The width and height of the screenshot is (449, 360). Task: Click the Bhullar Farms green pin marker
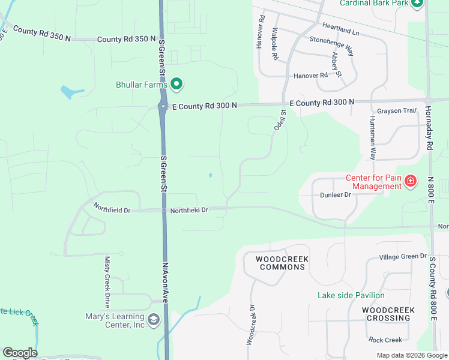(x=176, y=85)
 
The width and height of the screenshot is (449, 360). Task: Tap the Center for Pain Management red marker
(x=411, y=181)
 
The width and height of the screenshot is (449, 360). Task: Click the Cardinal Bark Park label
(x=374, y=3)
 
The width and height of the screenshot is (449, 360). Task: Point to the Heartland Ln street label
(x=341, y=27)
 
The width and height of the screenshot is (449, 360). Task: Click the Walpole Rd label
(x=275, y=43)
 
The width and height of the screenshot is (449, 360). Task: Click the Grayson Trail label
(x=397, y=111)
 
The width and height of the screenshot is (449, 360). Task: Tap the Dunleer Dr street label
(x=335, y=194)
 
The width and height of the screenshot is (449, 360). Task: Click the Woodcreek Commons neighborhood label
(x=282, y=263)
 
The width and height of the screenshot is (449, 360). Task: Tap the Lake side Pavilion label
(x=351, y=295)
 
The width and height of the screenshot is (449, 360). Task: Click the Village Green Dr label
(x=402, y=257)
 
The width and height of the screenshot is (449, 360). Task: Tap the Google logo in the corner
(x=20, y=353)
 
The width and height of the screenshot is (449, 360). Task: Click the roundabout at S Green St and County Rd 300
(x=163, y=107)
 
